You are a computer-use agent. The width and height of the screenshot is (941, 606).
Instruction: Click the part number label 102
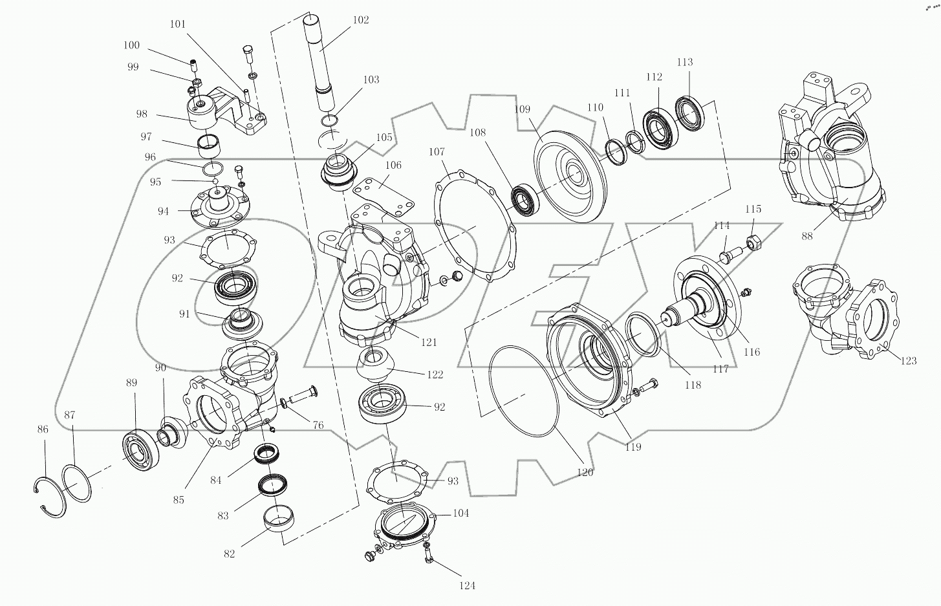[x=361, y=20]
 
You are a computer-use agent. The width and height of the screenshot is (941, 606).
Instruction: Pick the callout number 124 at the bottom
[x=467, y=585]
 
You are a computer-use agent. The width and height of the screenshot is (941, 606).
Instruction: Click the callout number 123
[x=908, y=360]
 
